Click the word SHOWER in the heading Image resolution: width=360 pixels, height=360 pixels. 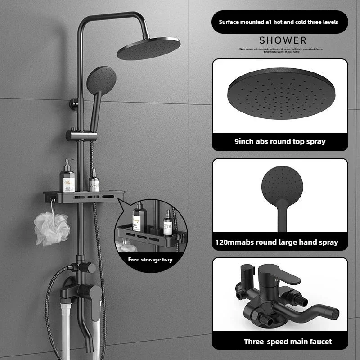pyautogui.click(x=283, y=41)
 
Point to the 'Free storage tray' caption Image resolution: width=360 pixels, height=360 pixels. pyautogui.click(x=150, y=259)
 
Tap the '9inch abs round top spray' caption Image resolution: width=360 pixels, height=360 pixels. pyautogui.click(x=280, y=141)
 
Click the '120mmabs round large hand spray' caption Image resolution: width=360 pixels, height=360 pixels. pyautogui.click(x=280, y=242)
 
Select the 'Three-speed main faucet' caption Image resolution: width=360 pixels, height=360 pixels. pyautogui.click(x=288, y=342)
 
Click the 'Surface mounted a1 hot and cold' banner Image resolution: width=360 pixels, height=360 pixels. pyautogui.click(x=279, y=22)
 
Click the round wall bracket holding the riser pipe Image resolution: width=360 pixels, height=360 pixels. pyautogui.click(x=72, y=104)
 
